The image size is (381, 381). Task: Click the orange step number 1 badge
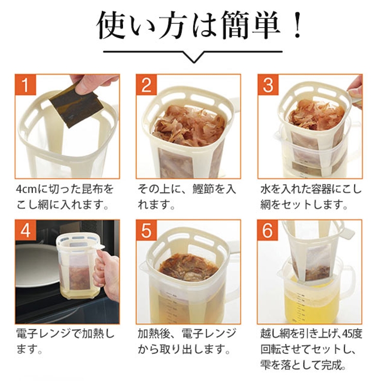pyautogui.click(x=25, y=84)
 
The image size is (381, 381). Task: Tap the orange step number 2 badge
pyautogui.click(x=146, y=84)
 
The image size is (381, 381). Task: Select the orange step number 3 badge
pyautogui.click(x=268, y=84)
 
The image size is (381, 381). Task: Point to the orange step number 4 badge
pyautogui.click(x=25, y=230)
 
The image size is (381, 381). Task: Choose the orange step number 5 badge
pyautogui.click(x=146, y=230)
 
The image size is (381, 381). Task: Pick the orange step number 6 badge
pyautogui.click(x=268, y=230)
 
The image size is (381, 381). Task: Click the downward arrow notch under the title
pyautogui.click(x=193, y=58)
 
